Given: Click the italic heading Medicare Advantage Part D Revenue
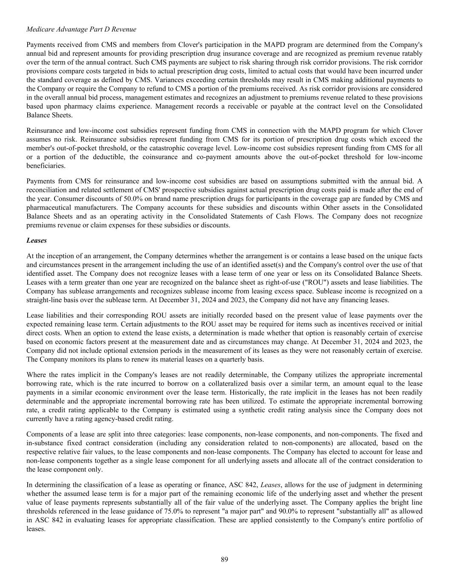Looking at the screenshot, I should pyautogui.click(x=81, y=29).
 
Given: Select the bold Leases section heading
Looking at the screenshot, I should pyautogui.click(x=37, y=240).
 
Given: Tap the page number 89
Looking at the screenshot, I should pyautogui.click(x=224, y=559).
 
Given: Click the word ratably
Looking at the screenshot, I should pyautogui.click(x=412, y=53).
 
